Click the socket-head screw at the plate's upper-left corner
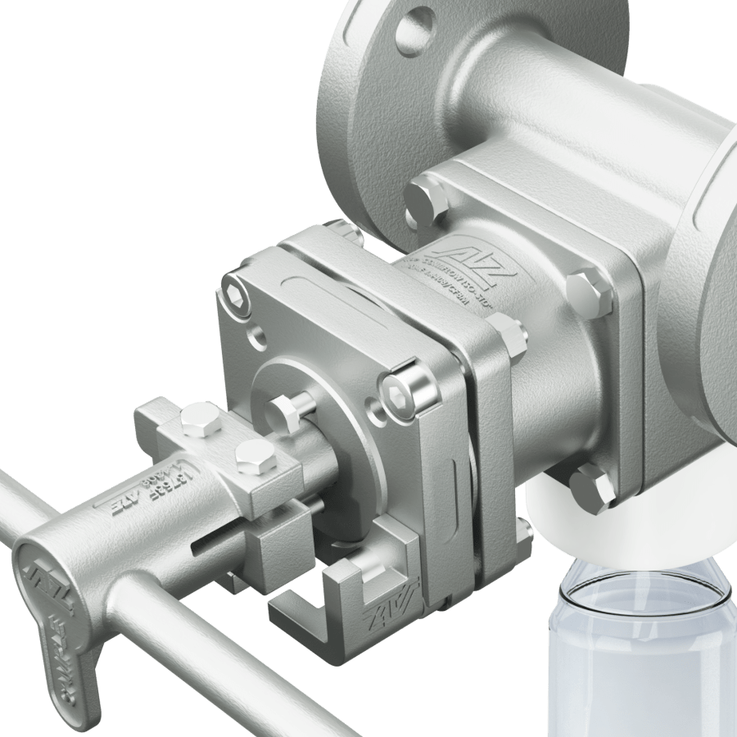pos(237,293)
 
